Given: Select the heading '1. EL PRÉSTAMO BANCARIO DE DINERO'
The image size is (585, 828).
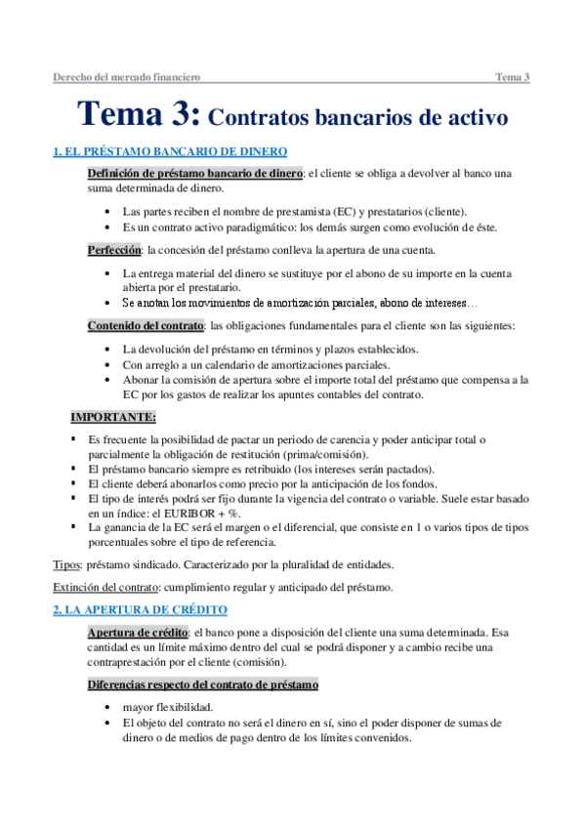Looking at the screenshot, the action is pos(171,151).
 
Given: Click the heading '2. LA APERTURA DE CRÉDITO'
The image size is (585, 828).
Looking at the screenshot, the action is pos(142,609).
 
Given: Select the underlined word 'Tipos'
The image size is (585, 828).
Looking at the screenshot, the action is pos(66,564).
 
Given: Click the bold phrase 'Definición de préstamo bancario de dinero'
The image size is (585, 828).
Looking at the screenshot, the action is pos(195,173).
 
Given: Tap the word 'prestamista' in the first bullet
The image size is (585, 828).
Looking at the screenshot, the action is pos(304,211).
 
